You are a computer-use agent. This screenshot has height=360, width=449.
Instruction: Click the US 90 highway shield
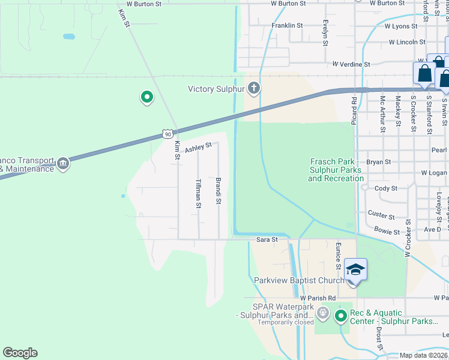pos(169,134)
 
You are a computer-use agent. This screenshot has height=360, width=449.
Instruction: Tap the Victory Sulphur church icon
pos(254,89)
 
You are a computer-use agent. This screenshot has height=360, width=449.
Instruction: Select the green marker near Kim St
pos(146,97)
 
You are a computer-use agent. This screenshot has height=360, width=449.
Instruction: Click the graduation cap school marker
pos(355,271)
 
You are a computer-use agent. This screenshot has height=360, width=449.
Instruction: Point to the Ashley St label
pos(199,146)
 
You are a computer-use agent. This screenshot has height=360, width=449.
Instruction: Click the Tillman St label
pos(198,194)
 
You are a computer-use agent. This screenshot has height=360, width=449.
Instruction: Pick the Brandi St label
pos(218,191)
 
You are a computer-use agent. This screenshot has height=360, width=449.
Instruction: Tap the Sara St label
pos(267,239)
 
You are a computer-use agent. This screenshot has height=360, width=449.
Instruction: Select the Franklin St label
pos(287,26)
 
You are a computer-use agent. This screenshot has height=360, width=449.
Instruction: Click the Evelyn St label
pos(325,31)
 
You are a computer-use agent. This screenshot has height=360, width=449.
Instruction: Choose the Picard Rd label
pos(355,109)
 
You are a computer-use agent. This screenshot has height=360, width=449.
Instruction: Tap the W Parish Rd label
pos(318,298)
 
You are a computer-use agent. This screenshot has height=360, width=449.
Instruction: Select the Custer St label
pos(382,215)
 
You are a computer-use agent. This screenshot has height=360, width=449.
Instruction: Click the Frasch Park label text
pos(337,170)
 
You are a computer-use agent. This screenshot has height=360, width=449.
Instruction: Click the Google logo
pos(20,353)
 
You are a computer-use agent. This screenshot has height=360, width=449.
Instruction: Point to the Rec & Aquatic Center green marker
pos(341,315)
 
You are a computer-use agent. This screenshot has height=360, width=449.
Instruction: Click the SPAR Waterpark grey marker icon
pos(323,313)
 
